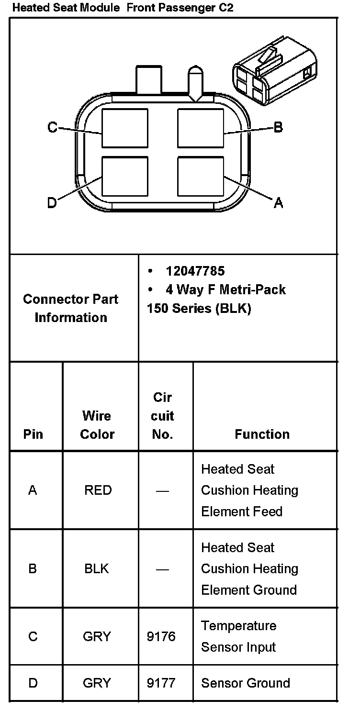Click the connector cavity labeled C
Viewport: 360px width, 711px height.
(125, 128)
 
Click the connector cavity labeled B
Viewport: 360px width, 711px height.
(201, 128)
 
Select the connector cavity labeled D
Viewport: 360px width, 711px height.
(125, 177)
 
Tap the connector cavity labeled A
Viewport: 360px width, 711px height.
(201, 177)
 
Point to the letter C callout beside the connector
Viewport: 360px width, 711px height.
(52, 127)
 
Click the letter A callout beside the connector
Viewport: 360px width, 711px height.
(278, 203)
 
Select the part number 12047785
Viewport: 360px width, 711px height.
(195, 271)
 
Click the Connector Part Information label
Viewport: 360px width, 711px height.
(71, 308)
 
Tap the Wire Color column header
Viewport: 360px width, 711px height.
(97, 425)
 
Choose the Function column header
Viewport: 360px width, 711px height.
(262, 434)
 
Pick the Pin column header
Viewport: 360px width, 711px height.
(33, 434)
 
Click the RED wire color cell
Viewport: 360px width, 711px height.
(98, 490)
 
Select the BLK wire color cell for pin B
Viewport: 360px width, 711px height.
(97, 569)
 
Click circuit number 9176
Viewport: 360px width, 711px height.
(161, 637)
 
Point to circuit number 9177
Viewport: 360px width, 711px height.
(161, 683)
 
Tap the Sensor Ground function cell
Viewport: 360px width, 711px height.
(245, 683)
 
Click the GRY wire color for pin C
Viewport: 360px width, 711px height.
(97, 637)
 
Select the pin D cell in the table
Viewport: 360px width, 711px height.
(33, 683)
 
